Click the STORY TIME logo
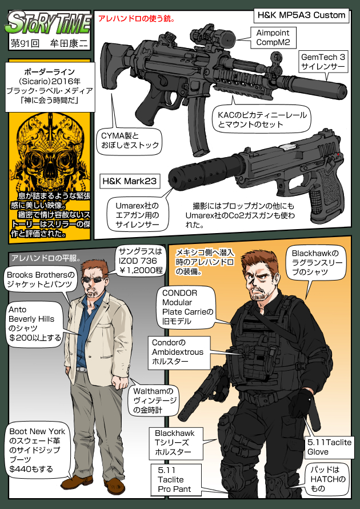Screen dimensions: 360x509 tap(49, 23)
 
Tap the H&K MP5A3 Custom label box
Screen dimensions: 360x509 tap(301, 15)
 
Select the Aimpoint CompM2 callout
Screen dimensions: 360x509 tap(273, 37)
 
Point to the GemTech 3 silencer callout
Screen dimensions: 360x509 tap(323, 62)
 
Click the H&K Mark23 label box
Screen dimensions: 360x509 tap(130, 181)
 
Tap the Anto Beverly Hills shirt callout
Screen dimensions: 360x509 tap(35, 323)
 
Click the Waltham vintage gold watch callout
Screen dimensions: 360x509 tap(155, 400)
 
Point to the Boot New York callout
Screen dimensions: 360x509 tap(37, 450)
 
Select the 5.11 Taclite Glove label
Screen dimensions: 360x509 tap(329, 447)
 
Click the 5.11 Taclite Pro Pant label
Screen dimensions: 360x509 tap(174, 479)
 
